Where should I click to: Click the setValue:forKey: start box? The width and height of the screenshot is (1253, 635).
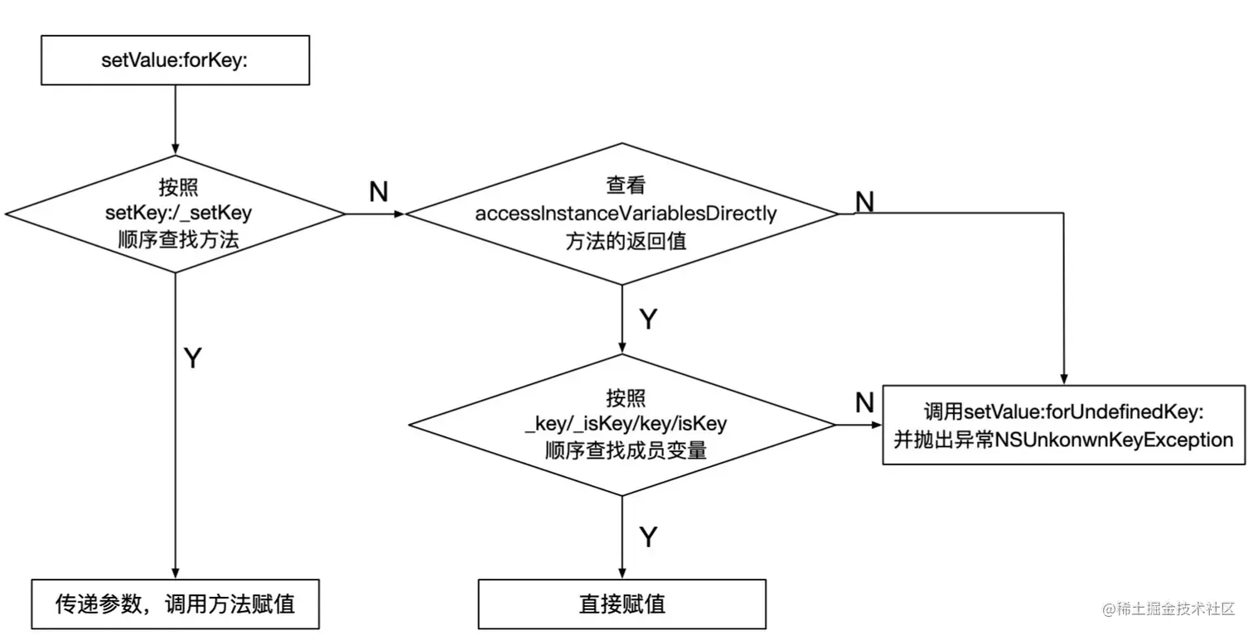tap(175, 60)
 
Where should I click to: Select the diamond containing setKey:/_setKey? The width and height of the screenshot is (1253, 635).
tap(175, 213)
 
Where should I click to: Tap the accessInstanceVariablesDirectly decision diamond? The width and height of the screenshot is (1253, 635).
tap(622, 214)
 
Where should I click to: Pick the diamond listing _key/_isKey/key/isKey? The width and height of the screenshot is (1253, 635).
tap(622, 425)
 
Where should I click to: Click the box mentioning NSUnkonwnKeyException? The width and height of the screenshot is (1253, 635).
tap(1063, 425)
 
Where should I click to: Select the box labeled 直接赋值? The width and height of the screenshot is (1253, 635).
tap(622, 604)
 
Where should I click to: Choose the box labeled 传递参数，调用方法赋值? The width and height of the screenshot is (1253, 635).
tap(175, 604)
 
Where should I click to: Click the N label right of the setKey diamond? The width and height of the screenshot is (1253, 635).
tap(378, 192)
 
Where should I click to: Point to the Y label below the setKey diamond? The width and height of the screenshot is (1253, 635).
tap(192, 358)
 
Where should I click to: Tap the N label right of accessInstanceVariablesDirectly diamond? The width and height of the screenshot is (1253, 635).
tap(864, 201)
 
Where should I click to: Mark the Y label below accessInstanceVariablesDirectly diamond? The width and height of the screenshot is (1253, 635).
tap(648, 320)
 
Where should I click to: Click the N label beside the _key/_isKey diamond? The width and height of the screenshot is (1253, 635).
tap(864, 403)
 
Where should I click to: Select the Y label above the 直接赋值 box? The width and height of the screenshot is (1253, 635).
tap(648, 537)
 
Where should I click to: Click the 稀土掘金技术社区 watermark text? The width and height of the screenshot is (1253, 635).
tap(1168, 609)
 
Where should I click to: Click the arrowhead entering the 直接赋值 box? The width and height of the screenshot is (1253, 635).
tap(622, 573)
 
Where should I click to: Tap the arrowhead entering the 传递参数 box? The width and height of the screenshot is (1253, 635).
tap(175, 573)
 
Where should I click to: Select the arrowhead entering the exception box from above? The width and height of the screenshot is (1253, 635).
tap(1063, 379)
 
